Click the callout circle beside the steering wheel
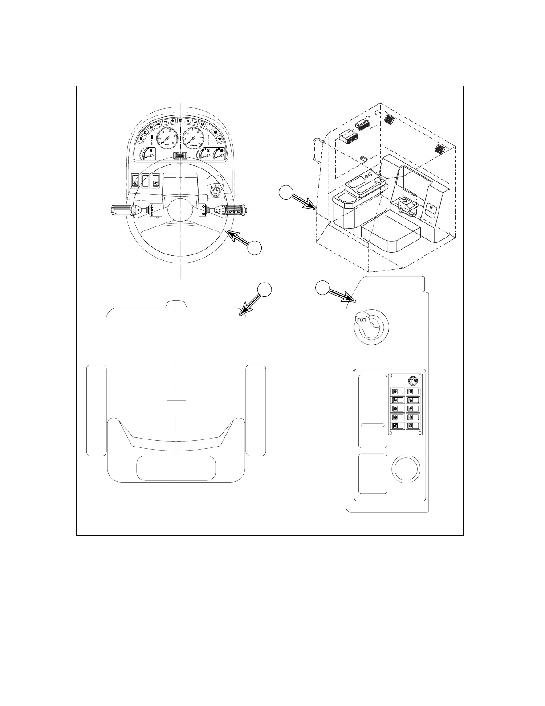point(254,248)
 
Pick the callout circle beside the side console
point(322,287)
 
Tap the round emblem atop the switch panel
point(414,380)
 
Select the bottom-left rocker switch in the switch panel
point(397,426)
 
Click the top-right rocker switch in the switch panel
point(413,391)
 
